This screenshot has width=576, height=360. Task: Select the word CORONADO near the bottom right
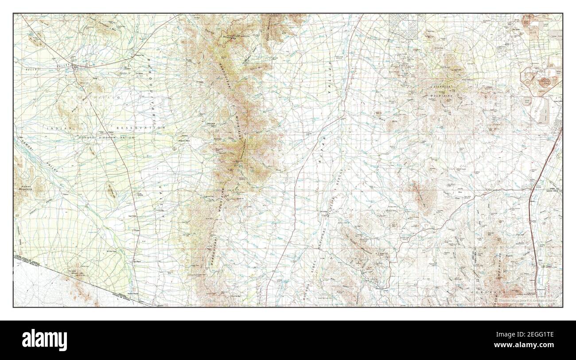click(494, 293)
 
